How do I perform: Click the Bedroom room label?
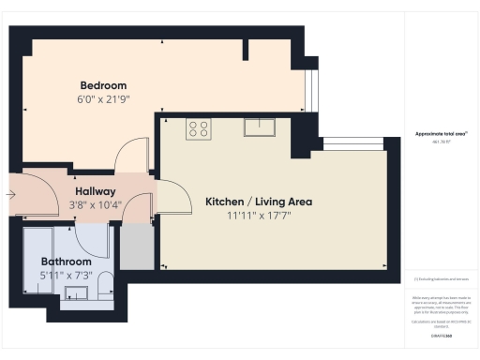click(x=103, y=85)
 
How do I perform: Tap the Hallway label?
click(x=95, y=190)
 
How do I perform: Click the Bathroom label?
click(x=66, y=262)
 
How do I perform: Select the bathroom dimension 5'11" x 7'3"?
click(x=66, y=276)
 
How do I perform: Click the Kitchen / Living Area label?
click(x=259, y=202)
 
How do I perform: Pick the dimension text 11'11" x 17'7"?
click(x=259, y=217)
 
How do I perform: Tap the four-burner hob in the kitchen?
click(x=198, y=128)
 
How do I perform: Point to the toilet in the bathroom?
click(x=104, y=284)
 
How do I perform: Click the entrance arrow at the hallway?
click(x=9, y=195)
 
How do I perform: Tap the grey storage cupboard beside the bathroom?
click(x=135, y=246)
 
